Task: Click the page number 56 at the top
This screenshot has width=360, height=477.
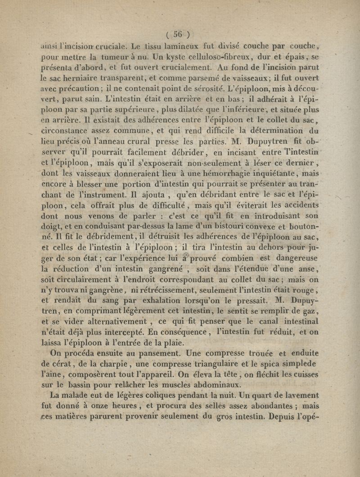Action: pos(179,33)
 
